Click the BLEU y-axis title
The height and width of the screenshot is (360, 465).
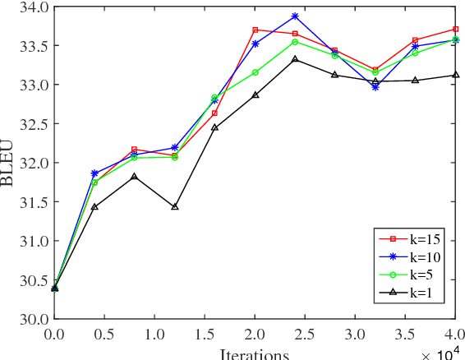11,163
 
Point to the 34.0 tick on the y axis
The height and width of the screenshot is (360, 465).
31,7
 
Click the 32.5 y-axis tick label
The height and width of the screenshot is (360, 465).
31,124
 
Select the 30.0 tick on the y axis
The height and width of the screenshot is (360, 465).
31,319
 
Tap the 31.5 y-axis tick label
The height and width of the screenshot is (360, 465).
31,202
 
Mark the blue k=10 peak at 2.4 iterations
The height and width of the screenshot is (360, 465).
295,16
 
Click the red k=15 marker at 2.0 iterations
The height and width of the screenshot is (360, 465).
255,30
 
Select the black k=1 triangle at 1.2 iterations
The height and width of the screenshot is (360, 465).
174,206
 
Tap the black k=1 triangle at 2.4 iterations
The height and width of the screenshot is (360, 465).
295,59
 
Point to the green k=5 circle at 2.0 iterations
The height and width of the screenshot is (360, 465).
255,72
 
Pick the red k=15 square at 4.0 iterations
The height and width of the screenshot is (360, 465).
455,29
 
